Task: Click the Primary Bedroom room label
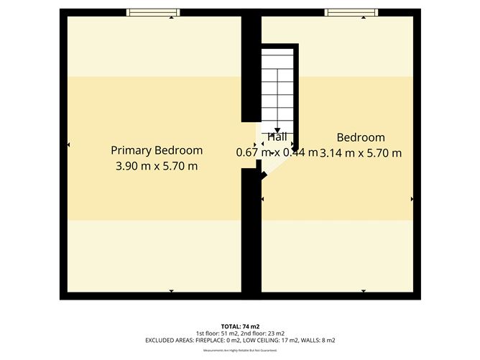[x=156, y=150]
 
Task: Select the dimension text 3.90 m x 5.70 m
[x=156, y=166]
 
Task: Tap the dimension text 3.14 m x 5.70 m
[x=361, y=152]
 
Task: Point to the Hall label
[x=277, y=137]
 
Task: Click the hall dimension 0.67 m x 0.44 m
[x=277, y=152]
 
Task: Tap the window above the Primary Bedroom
[x=153, y=11]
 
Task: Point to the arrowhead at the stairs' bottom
[x=277, y=129]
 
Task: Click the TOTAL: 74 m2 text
[x=240, y=326]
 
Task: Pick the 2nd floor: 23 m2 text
[x=266, y=333]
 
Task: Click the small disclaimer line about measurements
[x=240, y=350]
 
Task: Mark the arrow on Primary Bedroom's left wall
[x=68, y=145]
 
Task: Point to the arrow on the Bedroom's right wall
[x=412, y=198]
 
